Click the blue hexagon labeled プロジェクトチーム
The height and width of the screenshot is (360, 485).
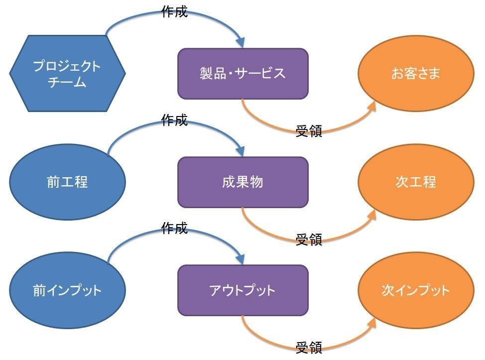[x=67, y=73]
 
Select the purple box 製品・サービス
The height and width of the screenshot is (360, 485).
[x=242, y=74]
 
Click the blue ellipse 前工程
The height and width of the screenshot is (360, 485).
[x=67, y=182]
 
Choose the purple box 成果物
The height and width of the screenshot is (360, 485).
[x=242, y=182]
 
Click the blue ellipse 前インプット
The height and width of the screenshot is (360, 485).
[x=67, y=290]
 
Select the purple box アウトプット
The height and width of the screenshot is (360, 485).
[x=242, y=290]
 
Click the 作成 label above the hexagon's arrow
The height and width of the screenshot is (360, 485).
[x=174, y=12]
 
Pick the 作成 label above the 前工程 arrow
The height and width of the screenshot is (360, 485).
[x=174, y=120]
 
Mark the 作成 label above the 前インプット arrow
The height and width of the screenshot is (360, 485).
[x=174, y=228]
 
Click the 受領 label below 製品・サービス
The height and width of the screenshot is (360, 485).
[x=309, y=131]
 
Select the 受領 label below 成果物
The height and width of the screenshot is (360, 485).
[x=309, y=240]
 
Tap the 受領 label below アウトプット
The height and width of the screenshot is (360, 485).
[x=309, y=348]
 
